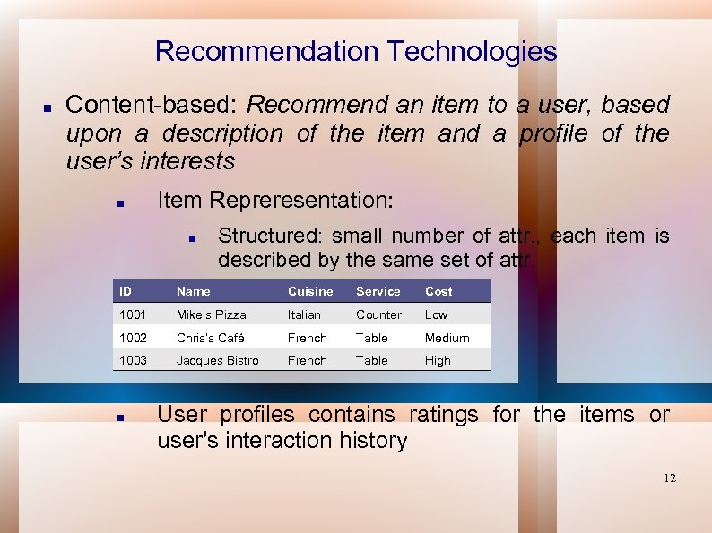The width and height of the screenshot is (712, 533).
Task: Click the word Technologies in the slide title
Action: [x=472, y=52]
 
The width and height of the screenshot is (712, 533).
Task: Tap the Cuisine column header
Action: [x=309, y=291]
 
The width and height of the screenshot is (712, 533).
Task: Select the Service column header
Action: [x=378, y=291]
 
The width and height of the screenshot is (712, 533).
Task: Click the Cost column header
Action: [x=438, y=291]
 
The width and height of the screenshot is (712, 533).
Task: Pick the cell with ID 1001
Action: [x=133, y=314]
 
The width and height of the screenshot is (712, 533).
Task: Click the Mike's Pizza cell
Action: [x=211, y=314]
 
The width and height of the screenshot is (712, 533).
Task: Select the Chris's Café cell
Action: [x=210, y=338]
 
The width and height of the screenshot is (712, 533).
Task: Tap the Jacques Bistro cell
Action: [x=217, y=360]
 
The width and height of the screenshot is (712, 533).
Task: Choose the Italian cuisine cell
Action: [x=304, y=314]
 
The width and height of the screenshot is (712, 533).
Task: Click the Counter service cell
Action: [x=378, y=314]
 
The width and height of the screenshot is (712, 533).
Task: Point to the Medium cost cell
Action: [x=447, y=338]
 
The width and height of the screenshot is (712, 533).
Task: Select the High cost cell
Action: [x=438, y=360]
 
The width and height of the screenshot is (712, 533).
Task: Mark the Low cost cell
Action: [x=436, y=314]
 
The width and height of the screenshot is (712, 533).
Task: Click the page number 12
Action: [x=670, y=478]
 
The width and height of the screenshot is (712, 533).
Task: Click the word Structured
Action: [x=270, y=236]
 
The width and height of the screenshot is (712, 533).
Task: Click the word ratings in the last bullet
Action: [x=446, y=415]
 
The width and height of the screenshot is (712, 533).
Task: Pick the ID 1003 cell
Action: [x=133, y=360]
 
